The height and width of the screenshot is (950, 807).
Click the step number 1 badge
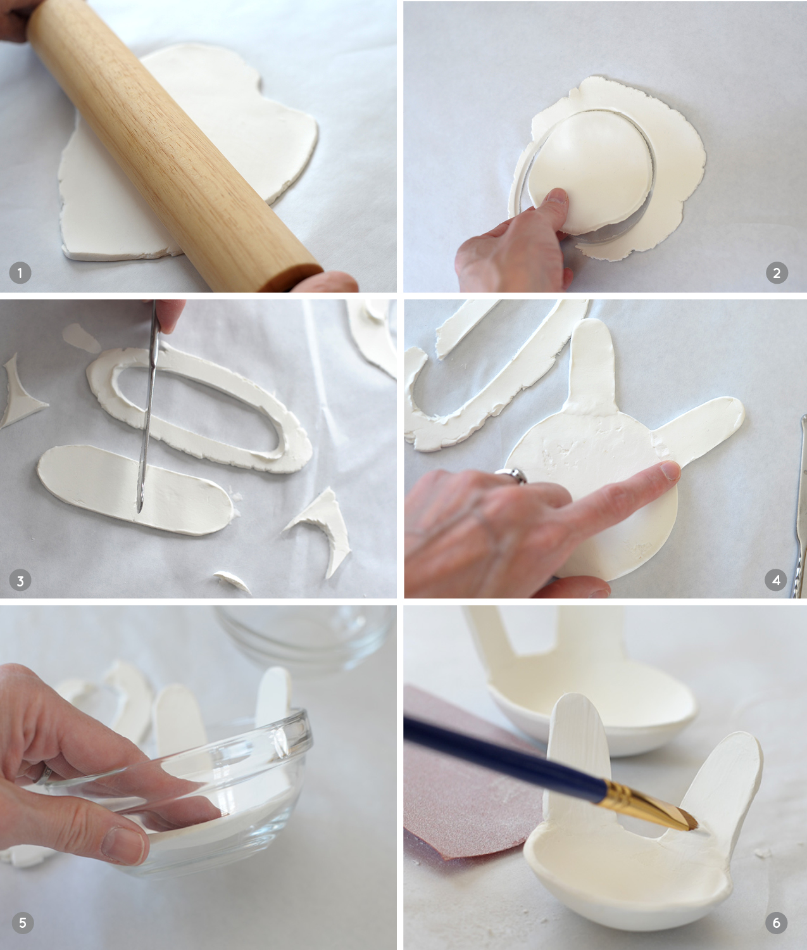point(20,273)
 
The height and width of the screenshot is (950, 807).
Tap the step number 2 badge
point(777,273)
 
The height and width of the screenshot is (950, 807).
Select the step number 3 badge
point(20,581)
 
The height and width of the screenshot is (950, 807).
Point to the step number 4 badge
point(776,580)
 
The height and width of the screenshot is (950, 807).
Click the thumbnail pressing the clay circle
point(557,197)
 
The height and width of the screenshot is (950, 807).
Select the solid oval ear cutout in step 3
point(135,489)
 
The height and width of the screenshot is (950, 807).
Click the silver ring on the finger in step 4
point(511,475)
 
